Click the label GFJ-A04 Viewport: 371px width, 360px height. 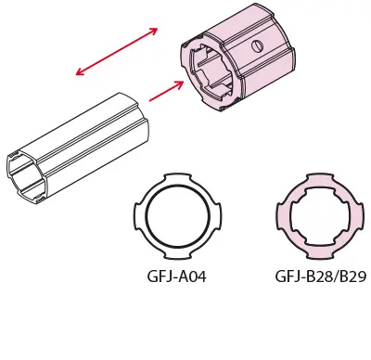[176, 276]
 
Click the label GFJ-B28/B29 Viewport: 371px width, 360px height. [321, 276]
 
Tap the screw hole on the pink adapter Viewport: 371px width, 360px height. [257, 46]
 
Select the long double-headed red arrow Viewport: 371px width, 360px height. [117, 51]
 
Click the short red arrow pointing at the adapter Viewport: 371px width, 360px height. [166, 91]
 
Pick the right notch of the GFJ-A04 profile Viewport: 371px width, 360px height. [218, 216]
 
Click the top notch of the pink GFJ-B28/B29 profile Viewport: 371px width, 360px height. [320, 176]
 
